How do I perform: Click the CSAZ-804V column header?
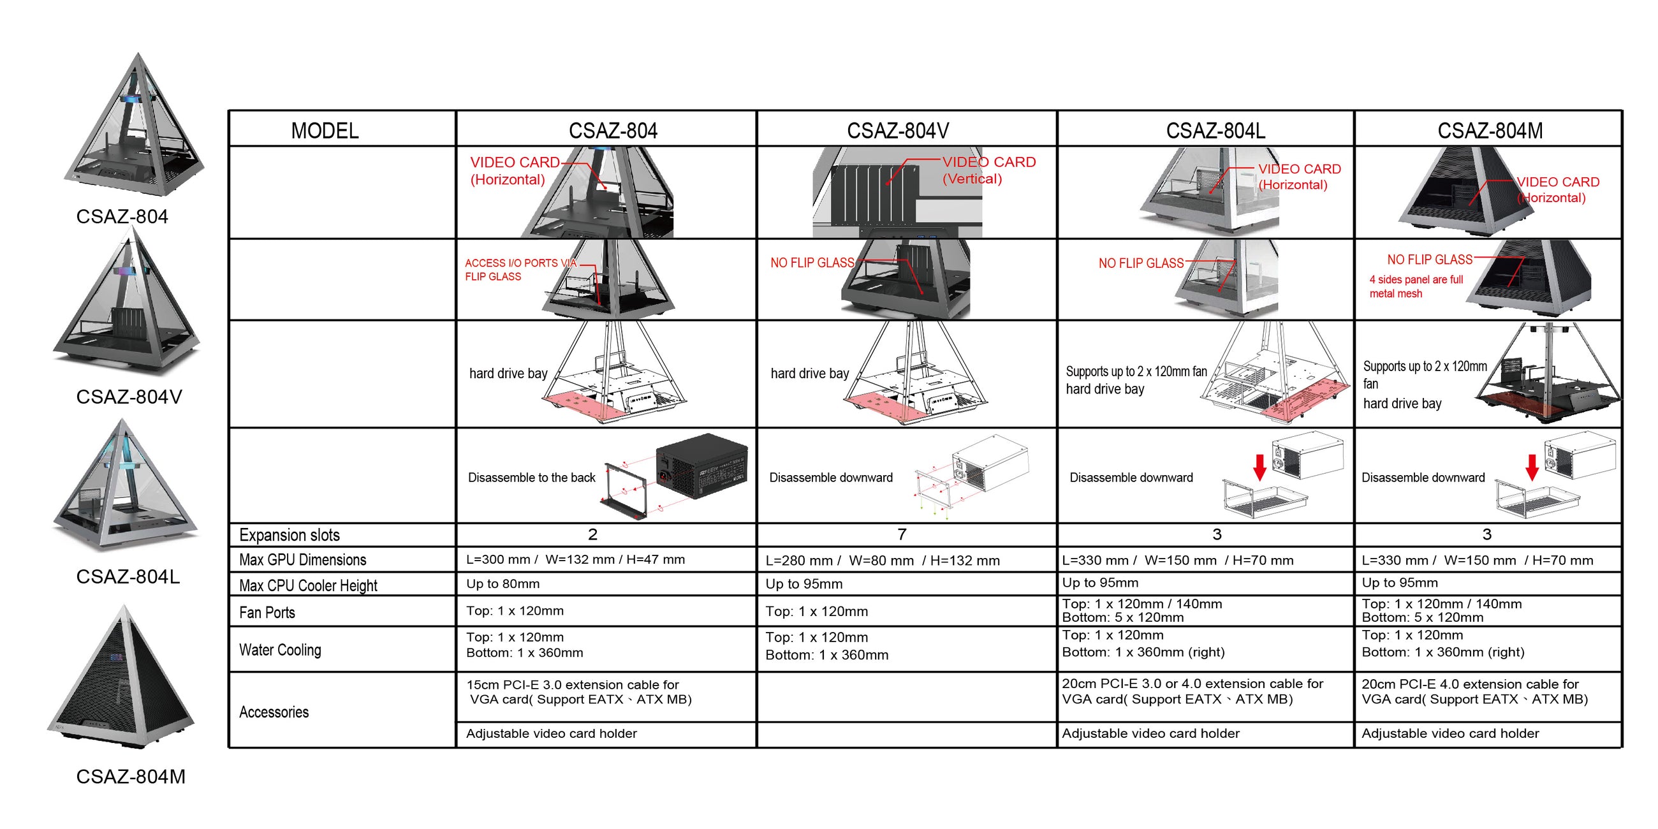pos(897,131)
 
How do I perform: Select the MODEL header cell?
pos(325,131)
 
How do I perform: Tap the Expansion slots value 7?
pos(902,534)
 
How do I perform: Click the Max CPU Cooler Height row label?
pos(307,585)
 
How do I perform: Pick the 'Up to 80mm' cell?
pos(503,583)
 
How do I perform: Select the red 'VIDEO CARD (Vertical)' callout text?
pos(988,170)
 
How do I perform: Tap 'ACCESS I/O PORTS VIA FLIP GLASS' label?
pos(520,270)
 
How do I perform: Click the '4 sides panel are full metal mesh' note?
pos(1416,286)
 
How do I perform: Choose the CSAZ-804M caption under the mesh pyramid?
pos(130,776)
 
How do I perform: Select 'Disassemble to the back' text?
pos(531,478)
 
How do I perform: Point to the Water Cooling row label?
pos(280,649)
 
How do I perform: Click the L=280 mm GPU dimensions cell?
pos(883,561)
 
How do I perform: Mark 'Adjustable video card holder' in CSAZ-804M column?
pos(1449,733)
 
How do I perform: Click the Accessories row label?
pos(274,712)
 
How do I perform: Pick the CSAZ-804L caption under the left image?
pos(128,576)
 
